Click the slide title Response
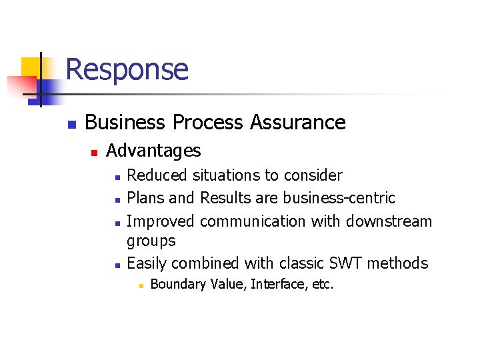pos(127,69)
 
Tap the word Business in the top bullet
pos(125,123)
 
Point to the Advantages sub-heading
pos(153,151)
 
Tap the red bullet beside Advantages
pos(94,153)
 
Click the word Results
pos(224,198)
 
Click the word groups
pos(151,241)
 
